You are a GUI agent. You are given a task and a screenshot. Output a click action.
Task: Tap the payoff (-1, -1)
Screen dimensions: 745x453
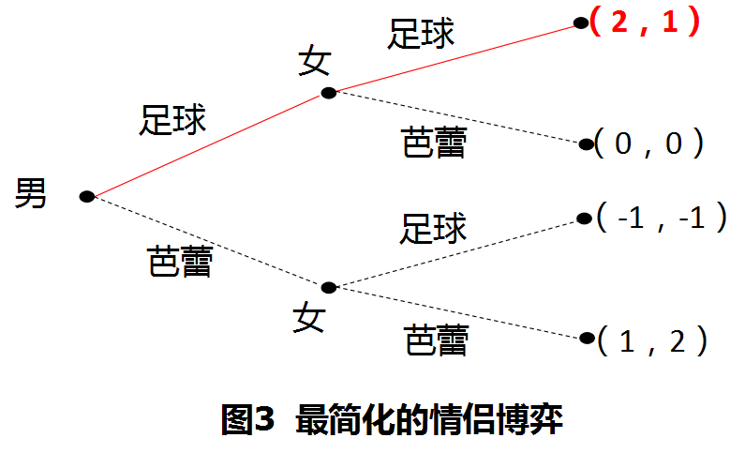coord(663,219)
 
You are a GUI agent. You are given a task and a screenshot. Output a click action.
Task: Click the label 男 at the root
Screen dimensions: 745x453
coord(31,195)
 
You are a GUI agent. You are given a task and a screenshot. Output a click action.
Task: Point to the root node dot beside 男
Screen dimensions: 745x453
coord(86,196)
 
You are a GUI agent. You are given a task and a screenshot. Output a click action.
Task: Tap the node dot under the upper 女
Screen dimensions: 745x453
coord(328,92)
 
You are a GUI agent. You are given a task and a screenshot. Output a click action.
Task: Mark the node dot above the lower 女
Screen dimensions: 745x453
coord(328,287)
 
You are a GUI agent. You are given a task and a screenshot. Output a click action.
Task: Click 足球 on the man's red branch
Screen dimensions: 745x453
coord(173,119)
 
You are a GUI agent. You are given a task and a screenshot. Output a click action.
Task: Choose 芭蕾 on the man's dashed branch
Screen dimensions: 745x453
coord(180,261)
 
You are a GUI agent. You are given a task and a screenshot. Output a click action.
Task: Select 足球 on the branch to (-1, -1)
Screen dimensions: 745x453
coord(433,228)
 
